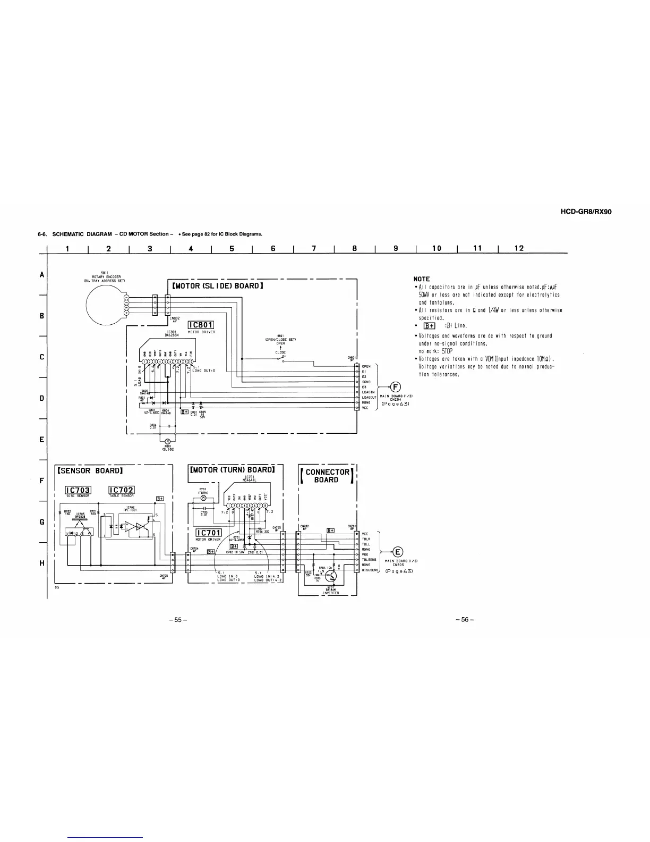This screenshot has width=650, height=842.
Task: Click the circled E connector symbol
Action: (x=398, y=551)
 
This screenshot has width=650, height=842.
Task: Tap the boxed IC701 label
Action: (x=208, y=533)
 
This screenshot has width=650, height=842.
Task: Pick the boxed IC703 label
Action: (x=78, y=490)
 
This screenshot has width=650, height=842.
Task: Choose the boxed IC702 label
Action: (x=121, y=490)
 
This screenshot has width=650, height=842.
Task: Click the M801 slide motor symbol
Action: (x=167, y=441)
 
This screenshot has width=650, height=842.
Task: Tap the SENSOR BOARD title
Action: (x=90, y=470)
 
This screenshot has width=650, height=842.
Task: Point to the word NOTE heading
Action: (x=422, y=279)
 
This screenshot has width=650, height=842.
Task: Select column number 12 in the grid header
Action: (x=519, y=248)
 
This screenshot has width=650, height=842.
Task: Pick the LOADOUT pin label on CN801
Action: (x=369, y=397)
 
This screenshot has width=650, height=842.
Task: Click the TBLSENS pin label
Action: (x=369, y=560)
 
